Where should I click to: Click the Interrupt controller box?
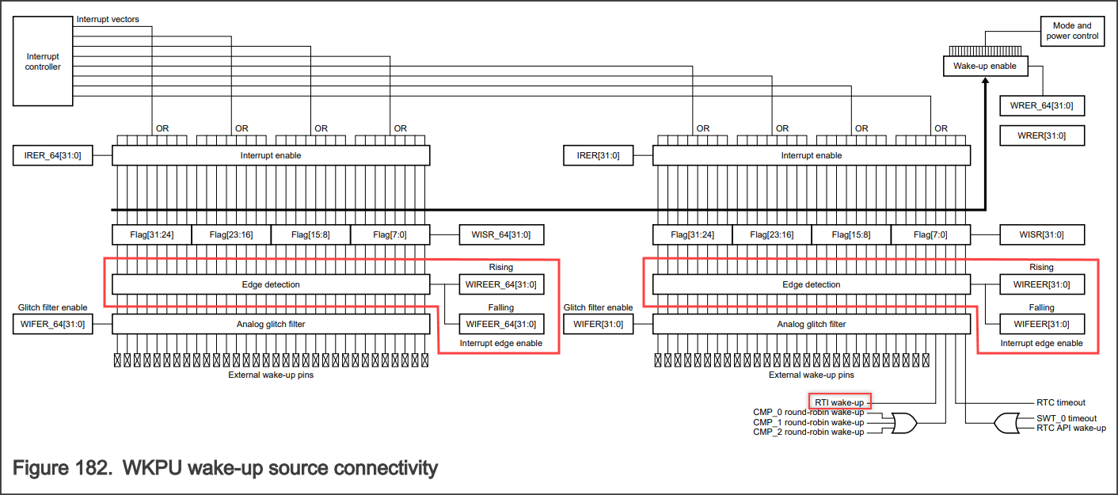(44, 62)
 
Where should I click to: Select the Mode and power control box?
(1073, 31)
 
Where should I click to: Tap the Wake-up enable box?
(985, 67)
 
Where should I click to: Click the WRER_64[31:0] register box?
(1041, 106)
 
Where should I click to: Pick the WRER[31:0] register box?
(1041, 135)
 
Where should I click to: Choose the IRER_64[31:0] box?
(53, 155)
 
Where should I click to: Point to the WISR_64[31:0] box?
(502, 234)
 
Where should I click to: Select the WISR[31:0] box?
(1041, 234)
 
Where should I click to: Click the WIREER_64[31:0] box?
(502, 284)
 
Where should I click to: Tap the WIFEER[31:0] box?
(1041, 324)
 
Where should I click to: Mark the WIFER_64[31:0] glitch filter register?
(53, 324)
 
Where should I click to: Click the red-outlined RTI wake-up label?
(839, 402)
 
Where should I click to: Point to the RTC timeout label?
(1060, 402)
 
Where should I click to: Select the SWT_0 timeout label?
(1067, 418)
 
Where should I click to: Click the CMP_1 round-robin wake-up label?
(808, 422)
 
